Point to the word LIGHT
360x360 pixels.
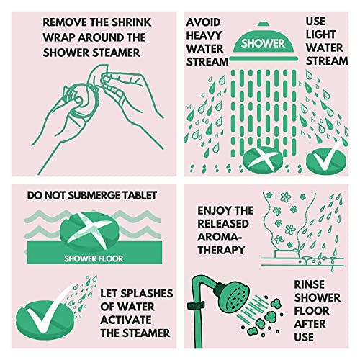[x=320, y=35]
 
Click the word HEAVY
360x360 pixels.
[x=204, y=35]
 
